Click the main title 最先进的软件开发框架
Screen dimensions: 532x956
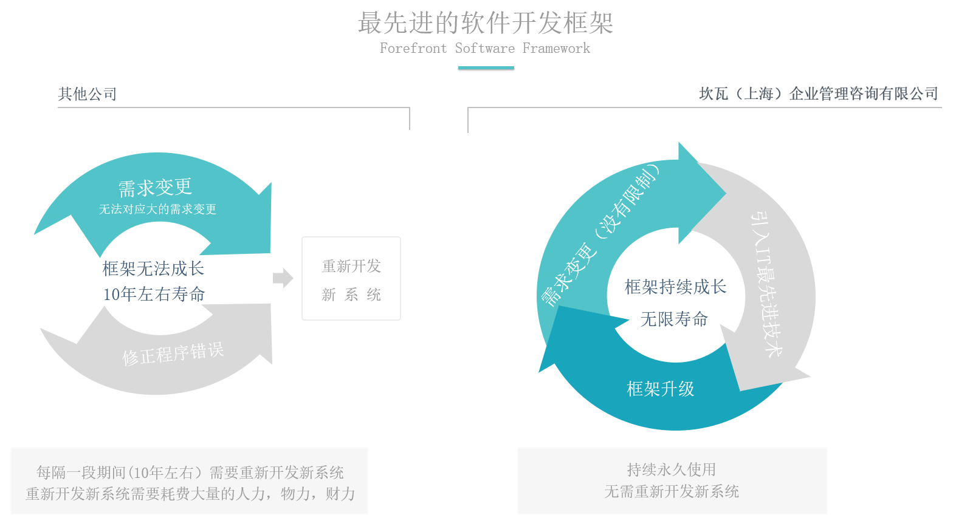click(x=485, y=24)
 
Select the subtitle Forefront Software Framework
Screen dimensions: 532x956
click(x=485, y=49)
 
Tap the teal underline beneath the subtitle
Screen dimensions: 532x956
click(x=486, y=68)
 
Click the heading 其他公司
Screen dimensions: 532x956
click(x=88, y=94)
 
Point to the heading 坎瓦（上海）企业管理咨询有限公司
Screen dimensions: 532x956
click(x=819, y=94)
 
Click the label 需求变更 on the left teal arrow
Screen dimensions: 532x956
click(x=155, y=188)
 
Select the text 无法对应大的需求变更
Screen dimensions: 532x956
click(x=157, y=210)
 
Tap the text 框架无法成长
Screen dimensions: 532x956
click(x=153, y=268)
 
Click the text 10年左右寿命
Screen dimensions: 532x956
click(x=154, y=295)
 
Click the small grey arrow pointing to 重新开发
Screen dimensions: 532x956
click(x=283, y=278)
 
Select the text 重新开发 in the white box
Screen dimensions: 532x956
click(x=351, y=266)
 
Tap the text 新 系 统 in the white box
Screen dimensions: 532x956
click(x=351, y=295)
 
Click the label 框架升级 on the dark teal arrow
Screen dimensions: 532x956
click(x=661, y=389)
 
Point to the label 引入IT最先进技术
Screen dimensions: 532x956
click(x=767, y=284)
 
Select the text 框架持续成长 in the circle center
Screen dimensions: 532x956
click(x=675, y=287)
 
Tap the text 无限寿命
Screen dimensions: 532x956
click(x=674, y=319)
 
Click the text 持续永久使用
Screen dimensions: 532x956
click(x=672, y=469)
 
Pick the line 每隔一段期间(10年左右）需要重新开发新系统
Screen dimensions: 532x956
click(x=190, y=472)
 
